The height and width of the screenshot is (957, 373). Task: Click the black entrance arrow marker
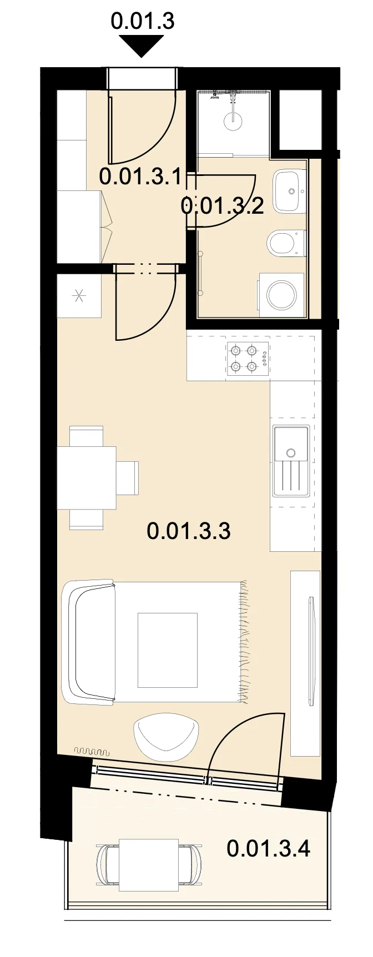142,45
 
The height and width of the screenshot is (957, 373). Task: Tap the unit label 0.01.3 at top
143,21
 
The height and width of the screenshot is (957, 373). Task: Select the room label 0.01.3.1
140,177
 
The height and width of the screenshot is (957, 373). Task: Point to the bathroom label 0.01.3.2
222,206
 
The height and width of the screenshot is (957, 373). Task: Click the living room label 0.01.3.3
189,531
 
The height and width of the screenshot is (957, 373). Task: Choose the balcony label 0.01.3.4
269,849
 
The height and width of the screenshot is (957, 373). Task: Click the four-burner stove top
248,359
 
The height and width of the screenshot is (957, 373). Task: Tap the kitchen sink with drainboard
291,461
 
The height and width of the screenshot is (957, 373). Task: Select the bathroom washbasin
290,191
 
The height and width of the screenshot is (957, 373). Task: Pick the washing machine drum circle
282,295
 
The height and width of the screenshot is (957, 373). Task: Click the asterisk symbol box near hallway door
79,296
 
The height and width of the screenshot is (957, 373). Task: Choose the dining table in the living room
87,477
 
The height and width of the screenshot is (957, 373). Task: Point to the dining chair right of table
127,477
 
